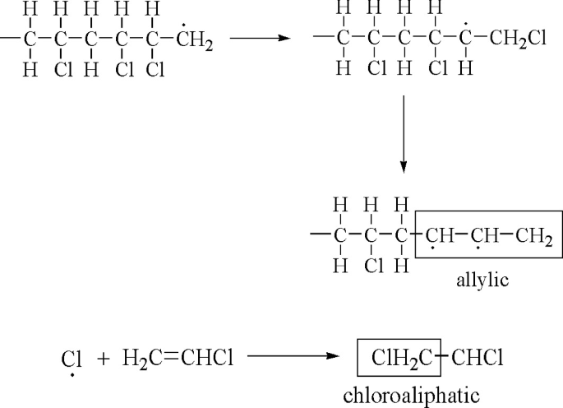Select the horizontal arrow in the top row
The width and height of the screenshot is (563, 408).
(x=260, y=38)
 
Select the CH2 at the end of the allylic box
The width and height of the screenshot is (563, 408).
(x=534, y=239)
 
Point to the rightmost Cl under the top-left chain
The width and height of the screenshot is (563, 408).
(x=155, y=69)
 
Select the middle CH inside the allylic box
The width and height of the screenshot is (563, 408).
(x=484, y=239)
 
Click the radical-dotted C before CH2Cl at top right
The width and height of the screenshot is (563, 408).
(x=466, y=38)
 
